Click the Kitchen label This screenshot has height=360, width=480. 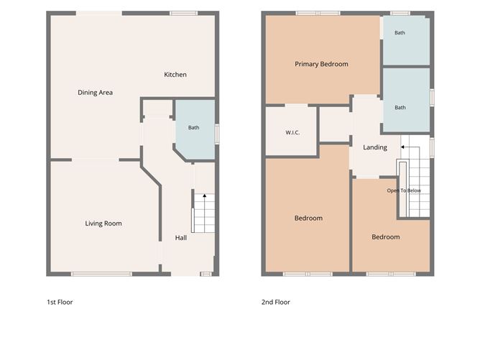(175, 75)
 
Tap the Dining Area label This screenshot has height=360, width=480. (95, 93)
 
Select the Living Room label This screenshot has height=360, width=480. (103, 223)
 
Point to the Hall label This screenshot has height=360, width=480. (181, 238)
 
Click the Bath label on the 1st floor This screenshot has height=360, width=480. (194, 128)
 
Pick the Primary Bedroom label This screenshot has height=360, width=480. (321, 64)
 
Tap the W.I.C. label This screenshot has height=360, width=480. (292, 132)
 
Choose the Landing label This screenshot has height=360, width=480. (375, 147)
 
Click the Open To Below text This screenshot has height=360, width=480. (404, 190)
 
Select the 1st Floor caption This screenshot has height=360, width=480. (60, 302)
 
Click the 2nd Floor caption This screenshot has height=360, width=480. (276, 302)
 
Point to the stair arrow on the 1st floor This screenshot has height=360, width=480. (205, 213)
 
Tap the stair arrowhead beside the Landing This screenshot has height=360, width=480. (403, 147)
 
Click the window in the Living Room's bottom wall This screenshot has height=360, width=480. (101, 274)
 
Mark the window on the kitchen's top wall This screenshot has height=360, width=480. (184, 13)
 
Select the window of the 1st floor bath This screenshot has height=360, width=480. (217, 134)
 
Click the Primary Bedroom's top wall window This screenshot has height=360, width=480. (318, 13)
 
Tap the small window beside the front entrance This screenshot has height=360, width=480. (206, 274)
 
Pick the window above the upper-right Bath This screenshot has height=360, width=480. (400, 13)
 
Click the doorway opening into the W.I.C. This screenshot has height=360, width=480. (296, 106)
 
